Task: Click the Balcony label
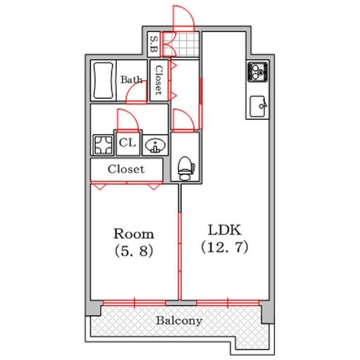coord(179,320)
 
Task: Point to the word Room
coord(134,234)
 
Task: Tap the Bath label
coord(131,79)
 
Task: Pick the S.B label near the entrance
coord(154,43)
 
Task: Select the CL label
coord(127,143)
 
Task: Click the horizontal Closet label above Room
coord(126,169)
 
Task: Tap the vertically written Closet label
coord(158,80)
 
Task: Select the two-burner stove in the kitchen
coord(256,71)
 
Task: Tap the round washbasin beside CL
coord(155,145)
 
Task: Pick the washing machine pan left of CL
coord(103,145)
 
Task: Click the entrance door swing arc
coord(183,16)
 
